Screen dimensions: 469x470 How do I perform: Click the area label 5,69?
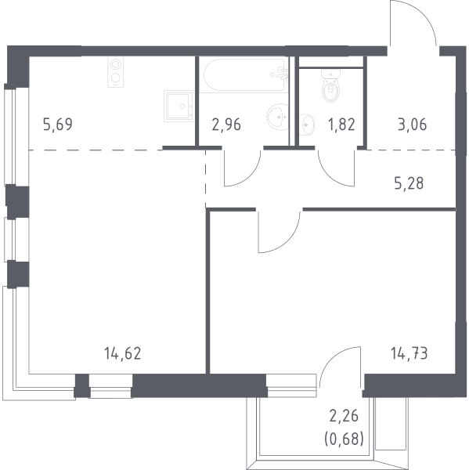pyautogui.click(x=58, y=125)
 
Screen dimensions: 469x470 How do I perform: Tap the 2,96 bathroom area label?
pyautogui.click(x=226, y=125)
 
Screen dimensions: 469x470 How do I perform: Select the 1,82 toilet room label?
pyautogui.click(x=341, y=125)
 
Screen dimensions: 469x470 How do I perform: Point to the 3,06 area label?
pyautogui.click(x=413, y=125)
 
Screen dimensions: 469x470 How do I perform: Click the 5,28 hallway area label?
pyautogui.click(x=409, y=183)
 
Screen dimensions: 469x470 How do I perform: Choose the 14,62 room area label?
pyautogui.click(x=123, y=353)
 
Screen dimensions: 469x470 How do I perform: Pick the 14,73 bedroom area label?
pyautogui.click(x=409, y=353)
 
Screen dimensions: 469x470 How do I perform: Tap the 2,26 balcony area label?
pyautogui.click(x=344, y=416)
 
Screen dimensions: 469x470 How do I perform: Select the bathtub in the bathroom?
pyautogui.click(x=244, y=74)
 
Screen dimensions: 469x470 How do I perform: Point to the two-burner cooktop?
pyautogui.click(x=116, y=72)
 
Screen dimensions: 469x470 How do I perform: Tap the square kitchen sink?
pyautogui.click(x=179, y=106)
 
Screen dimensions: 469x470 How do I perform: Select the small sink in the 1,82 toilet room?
pyautogui.click(x=307, y=125)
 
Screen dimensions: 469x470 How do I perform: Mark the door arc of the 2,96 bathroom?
pyautogui.click(x=250, y=176)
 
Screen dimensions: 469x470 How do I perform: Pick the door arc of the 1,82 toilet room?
pyautogui.click(x=330, y=176)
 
